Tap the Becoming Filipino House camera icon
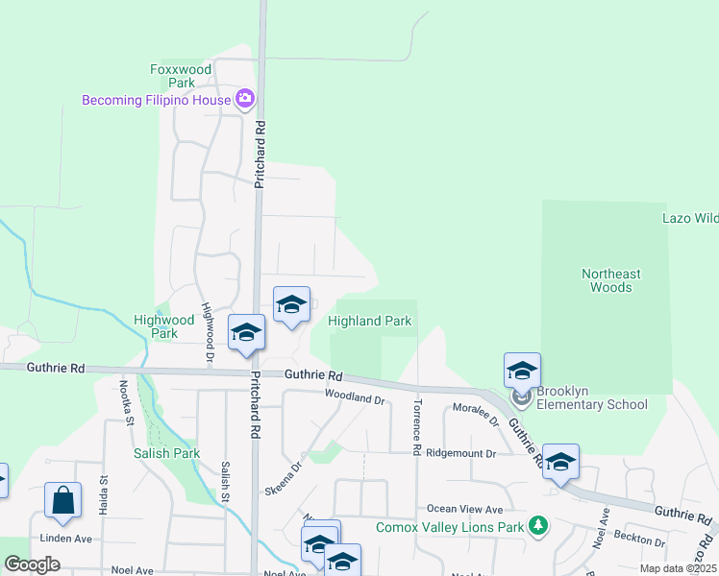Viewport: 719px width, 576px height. point(245,99)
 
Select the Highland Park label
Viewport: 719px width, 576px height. point(370,321)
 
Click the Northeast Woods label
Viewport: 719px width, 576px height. point(610,280)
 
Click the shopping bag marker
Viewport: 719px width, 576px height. point(63,501)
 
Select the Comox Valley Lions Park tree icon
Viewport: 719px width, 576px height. point(538,526)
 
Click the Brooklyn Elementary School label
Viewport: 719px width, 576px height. point(592,397)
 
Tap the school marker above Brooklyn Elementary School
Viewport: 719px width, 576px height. point(523,372)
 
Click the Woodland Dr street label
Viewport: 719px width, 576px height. point(355,397)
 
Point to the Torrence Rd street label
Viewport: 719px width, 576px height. point(417,426)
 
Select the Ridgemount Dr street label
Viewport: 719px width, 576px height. point(461,452)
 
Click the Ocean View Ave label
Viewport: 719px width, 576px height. point(465,509)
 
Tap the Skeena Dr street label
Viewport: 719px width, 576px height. point(283,477)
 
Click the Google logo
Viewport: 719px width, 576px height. point(32,564)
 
